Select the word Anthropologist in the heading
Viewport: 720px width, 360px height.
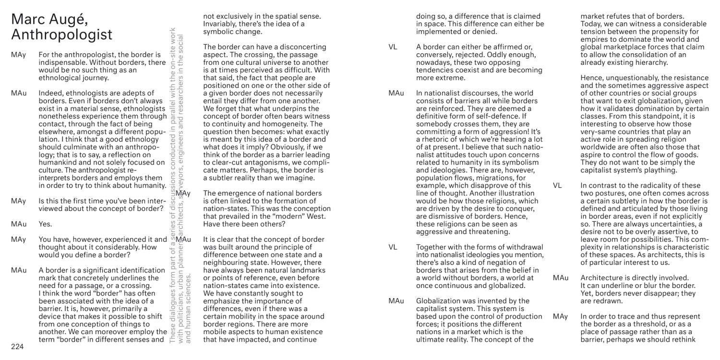[62, 35]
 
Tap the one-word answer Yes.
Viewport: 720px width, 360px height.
[45, 224]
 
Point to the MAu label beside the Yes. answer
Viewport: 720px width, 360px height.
[19, 224]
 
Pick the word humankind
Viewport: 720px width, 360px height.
[60, 162]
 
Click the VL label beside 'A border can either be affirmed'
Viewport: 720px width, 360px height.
[393, 47]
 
